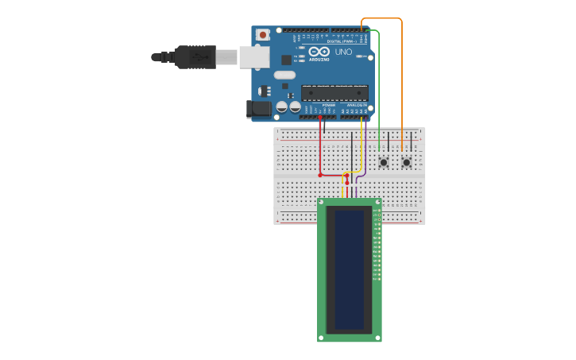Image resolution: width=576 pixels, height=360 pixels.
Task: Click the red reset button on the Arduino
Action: tap(262, 35)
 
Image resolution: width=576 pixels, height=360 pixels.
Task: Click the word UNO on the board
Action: tap(343, 52)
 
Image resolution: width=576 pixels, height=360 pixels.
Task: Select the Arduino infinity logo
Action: tap(319, 52)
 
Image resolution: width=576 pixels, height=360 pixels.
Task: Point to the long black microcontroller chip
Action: tap(334, 93)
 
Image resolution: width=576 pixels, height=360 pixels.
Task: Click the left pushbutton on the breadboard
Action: tap(384, 162)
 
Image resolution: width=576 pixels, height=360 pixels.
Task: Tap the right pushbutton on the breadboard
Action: tap(407, 162)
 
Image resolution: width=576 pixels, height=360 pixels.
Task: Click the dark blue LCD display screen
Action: tap(350, 269)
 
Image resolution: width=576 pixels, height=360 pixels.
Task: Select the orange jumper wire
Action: tap(402, 79)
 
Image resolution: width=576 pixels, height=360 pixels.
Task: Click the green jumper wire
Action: tap(379, 87)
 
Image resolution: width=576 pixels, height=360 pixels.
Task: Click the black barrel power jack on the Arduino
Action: tap(258, 109)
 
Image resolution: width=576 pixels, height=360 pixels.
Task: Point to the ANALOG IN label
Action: tap(356, 105)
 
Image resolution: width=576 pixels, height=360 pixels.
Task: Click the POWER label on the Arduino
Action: tap(328, 105)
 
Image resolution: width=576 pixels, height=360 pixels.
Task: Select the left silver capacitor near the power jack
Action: tap(281, 106)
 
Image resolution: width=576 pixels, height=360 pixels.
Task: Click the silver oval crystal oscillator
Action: tap(284, 75)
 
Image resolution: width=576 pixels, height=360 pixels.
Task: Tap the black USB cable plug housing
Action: tap(195, 56)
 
